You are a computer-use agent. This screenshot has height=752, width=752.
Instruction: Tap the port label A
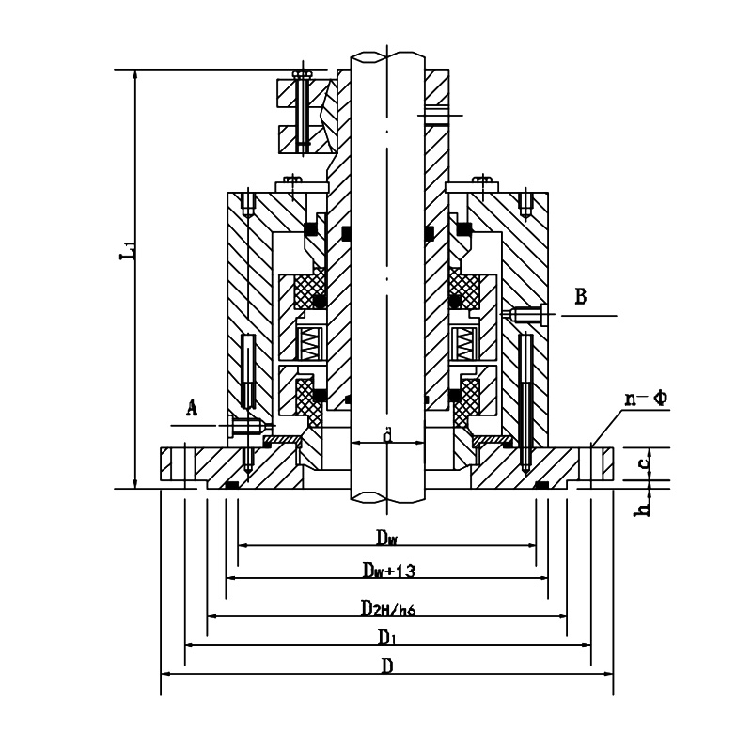click(x=192, y=407)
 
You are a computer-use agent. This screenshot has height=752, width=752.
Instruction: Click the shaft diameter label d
click(x=386, y=434)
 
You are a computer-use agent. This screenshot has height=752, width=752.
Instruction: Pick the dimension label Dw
click(x=387, y=537)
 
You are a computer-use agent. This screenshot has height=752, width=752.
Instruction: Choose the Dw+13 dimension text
click(x=390, y=571)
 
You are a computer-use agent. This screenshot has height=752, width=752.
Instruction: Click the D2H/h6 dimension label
click(x=388, y=607)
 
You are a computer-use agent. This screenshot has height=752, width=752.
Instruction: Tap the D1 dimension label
click(x=386, y=637)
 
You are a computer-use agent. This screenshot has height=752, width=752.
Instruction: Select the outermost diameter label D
click(x=386, y=666)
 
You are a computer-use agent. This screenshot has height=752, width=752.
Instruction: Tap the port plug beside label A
click(x=244, y=426)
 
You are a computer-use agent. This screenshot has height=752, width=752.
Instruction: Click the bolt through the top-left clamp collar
click(x=302, y=111)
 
